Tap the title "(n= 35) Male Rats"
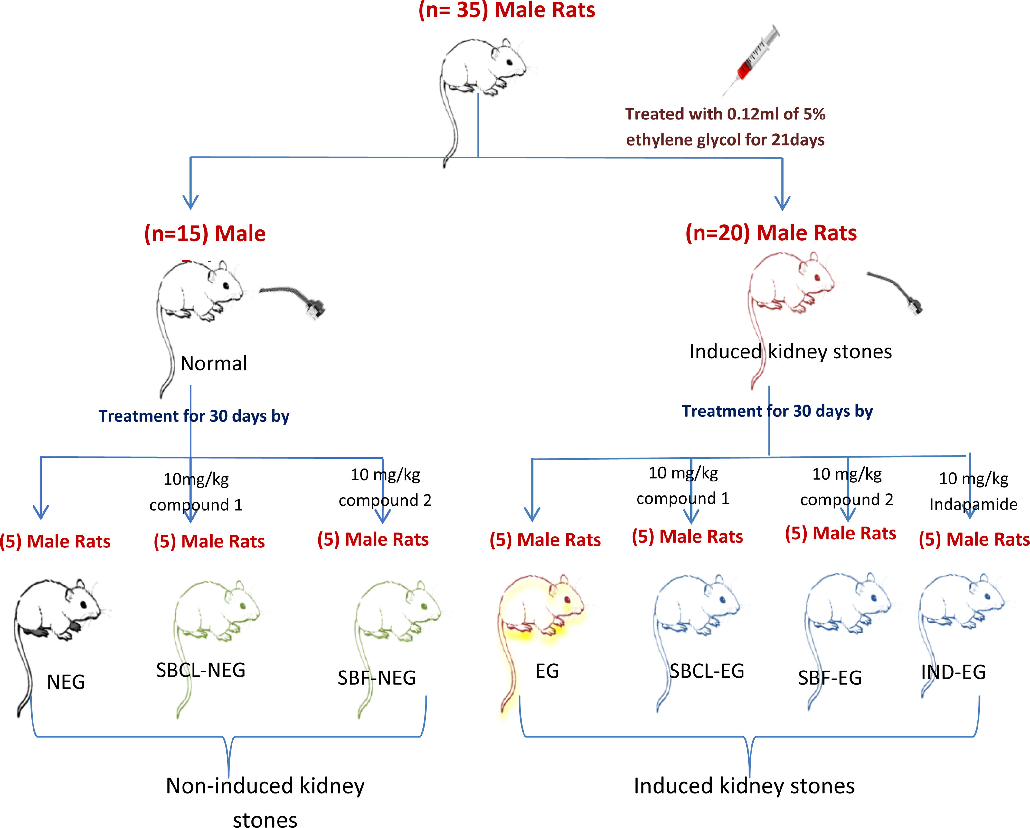tap(506, 11)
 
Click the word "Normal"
tap(213, 364)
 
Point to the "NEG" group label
tap(66, 682)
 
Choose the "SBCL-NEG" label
tap(201, 670)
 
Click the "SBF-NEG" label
tap(376, 678)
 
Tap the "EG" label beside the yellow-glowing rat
tap(547, 671)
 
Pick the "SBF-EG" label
tap(830, 678)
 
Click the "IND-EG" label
tap(953, 672)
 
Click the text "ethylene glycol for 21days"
tap(725, 140)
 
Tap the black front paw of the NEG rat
tap(75, 626)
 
